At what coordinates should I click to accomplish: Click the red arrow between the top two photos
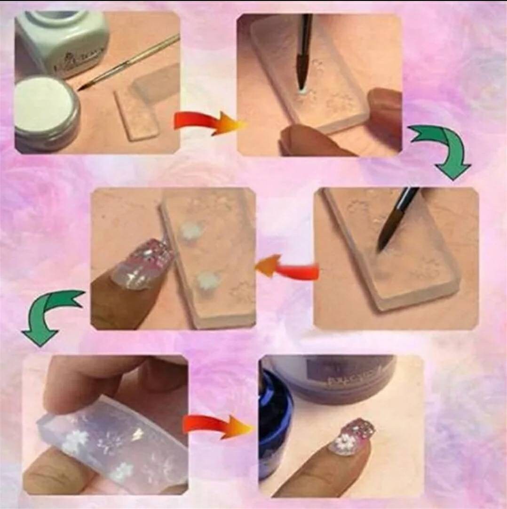tap(207, 122)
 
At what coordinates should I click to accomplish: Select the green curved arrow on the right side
tap(442, 151)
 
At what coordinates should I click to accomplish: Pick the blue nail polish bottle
tap(275, 424)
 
